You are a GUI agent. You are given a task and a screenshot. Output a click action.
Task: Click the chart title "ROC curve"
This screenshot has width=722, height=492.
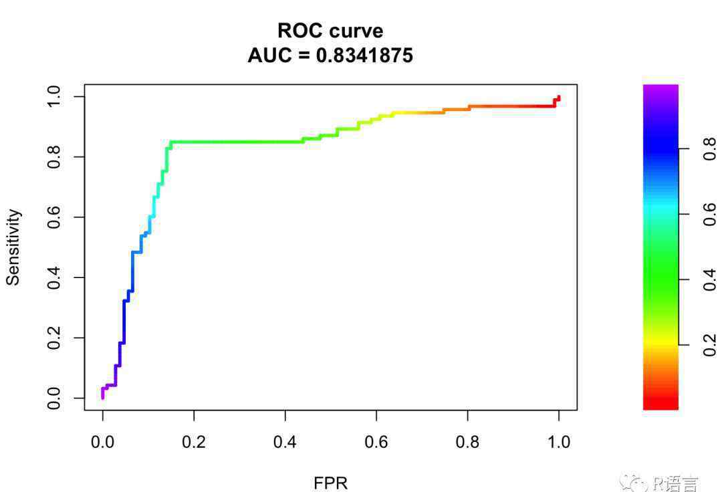coord(330,31)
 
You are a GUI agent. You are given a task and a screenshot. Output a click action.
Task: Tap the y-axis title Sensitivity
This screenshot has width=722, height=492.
coord(13,247)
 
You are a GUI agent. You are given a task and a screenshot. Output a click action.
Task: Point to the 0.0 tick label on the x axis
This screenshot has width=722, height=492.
coord(102,442)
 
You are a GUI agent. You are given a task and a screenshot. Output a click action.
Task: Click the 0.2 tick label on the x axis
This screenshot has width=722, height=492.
coord(194,442)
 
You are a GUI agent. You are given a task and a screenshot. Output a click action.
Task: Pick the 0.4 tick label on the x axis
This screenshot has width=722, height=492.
coord(285,442)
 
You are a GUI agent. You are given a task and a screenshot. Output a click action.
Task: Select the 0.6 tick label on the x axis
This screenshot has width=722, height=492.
coord(376,442)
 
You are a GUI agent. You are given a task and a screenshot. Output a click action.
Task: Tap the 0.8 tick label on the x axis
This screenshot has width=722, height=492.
coord(467,442)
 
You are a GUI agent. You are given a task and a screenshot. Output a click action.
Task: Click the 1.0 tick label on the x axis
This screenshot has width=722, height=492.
coord(559,442)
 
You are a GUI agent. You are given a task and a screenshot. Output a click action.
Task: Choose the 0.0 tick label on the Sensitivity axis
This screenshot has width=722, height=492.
coord(55,398)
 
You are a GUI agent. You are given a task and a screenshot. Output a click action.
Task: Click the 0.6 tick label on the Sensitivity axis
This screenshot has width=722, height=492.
coord(55,217)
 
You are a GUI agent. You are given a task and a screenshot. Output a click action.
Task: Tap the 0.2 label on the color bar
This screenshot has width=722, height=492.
coord(710,345)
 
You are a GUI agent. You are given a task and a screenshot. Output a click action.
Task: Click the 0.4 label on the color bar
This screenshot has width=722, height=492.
coord(710,279)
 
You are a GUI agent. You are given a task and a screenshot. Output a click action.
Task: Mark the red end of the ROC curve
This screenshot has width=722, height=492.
coord(558,98)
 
